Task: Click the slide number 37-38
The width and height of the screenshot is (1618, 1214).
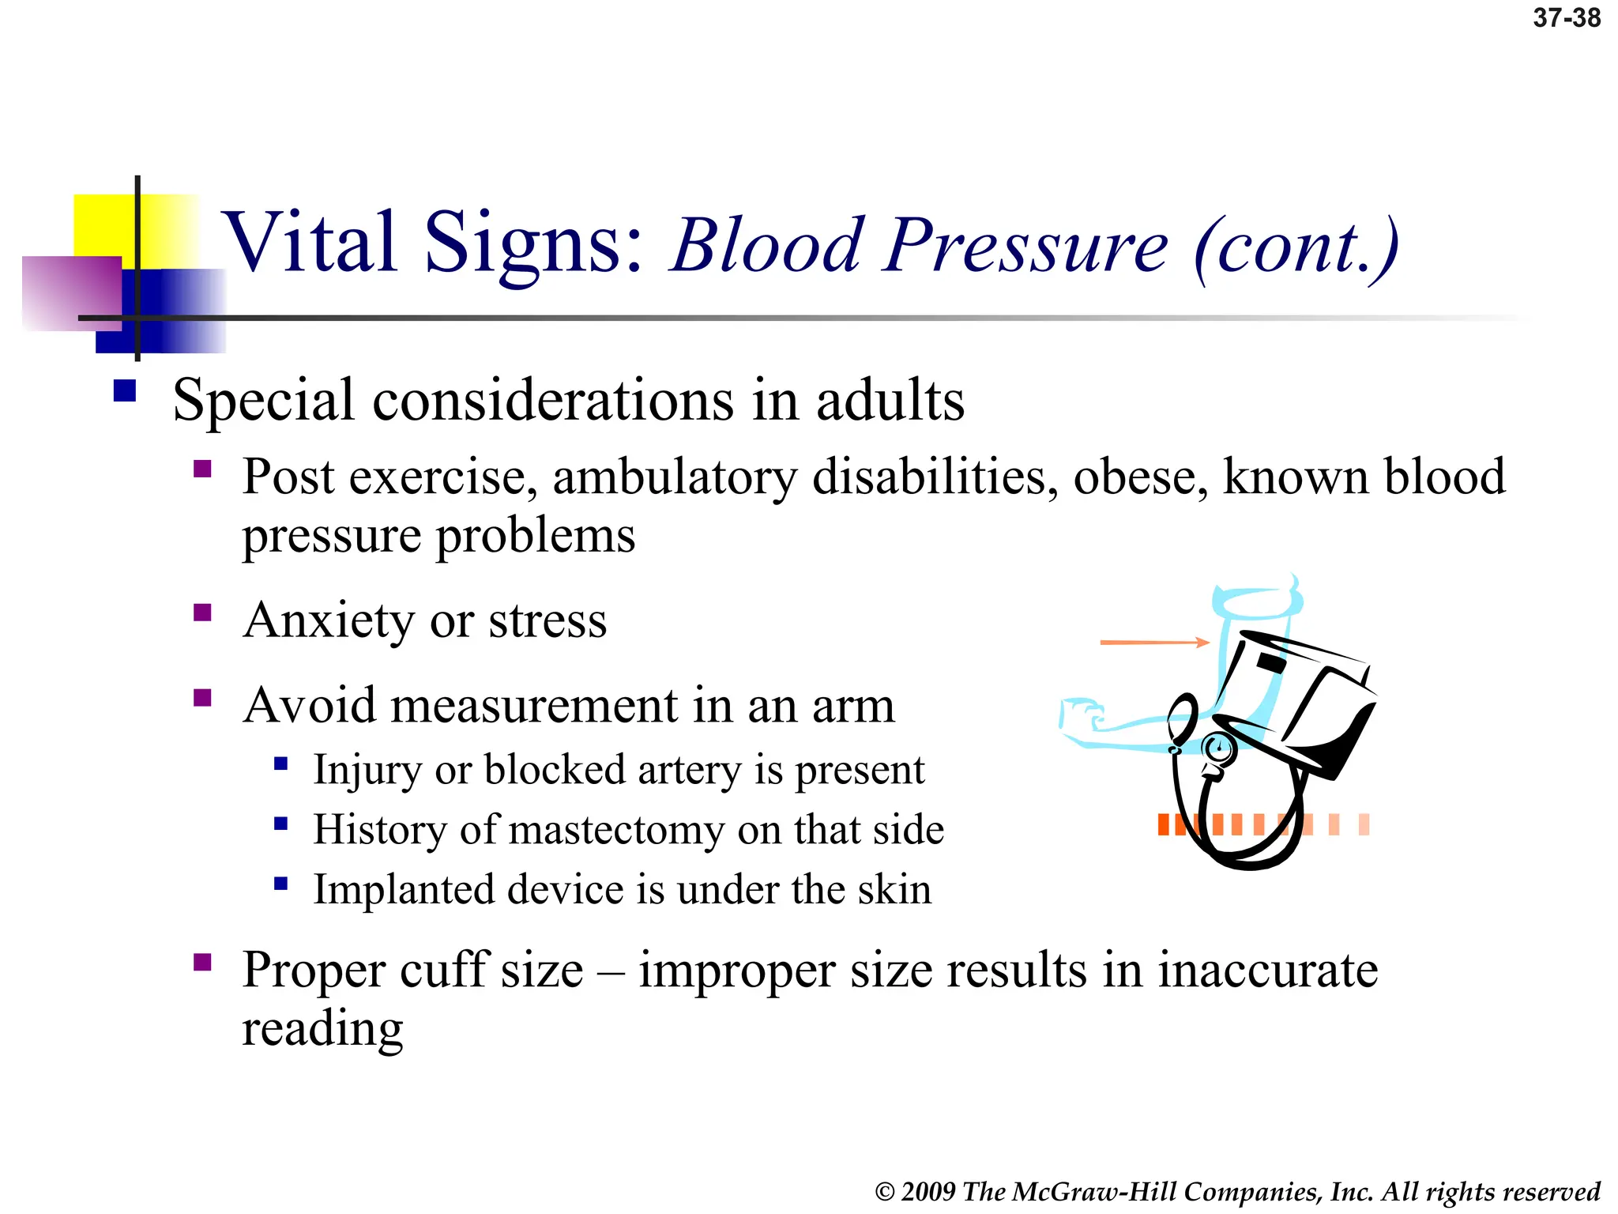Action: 1566,17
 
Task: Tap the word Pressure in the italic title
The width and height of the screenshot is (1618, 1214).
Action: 1025,246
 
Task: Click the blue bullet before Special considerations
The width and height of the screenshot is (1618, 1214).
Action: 125,391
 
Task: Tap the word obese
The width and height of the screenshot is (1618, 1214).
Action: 1140,477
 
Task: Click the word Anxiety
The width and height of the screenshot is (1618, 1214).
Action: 328,620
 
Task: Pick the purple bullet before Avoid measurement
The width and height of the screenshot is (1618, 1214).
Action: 202,698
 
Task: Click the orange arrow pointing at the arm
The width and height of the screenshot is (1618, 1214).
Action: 1153,643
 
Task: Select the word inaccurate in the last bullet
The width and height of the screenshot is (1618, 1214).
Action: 1267,971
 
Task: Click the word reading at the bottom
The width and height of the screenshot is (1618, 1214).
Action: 322,1030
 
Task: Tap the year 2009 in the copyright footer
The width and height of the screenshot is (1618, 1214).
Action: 929,1192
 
